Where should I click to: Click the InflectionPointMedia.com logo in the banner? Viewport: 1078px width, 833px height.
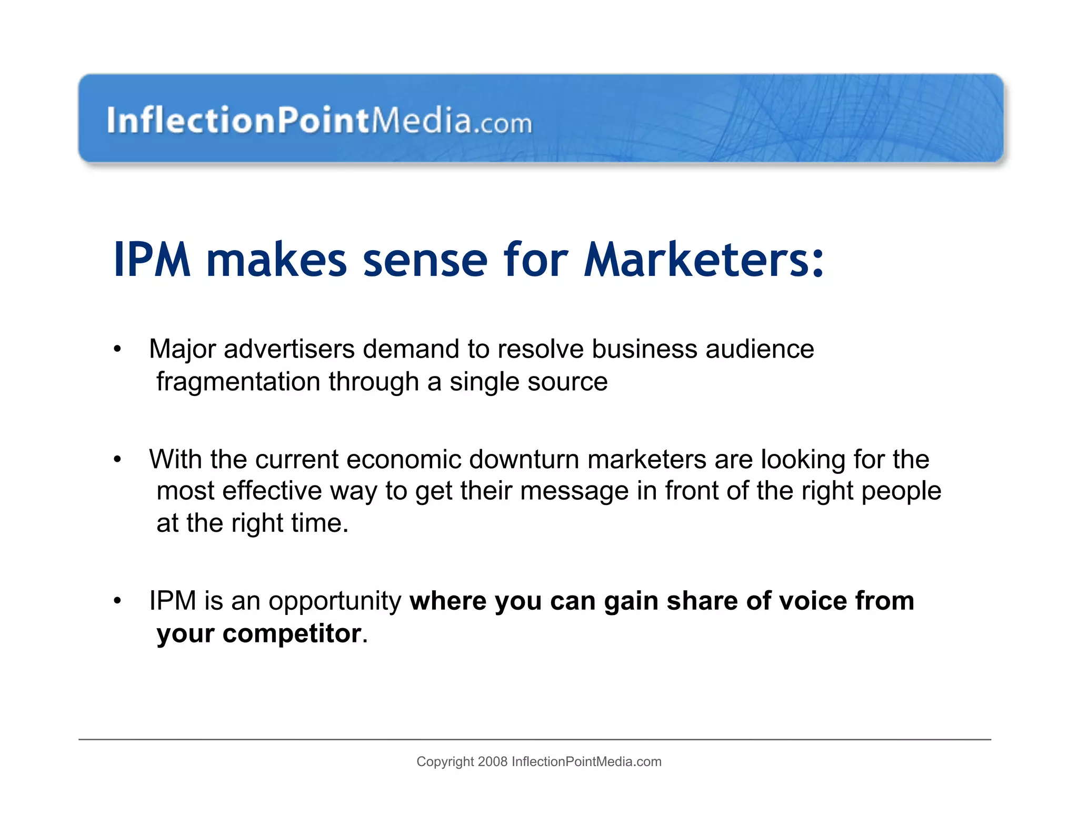pos(319,120)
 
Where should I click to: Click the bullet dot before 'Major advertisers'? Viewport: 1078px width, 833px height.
pos(117,350)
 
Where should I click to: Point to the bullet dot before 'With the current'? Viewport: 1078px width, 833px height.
pos(117,460)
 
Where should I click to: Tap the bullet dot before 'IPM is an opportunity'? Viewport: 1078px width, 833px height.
pos(117,601)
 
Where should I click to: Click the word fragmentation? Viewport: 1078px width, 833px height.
pos(238,382)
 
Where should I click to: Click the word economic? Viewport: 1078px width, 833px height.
pos(404,459)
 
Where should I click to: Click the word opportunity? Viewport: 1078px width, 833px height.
pos(335,601)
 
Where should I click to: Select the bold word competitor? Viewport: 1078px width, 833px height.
pos(292,633)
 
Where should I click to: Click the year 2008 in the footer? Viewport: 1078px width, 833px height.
pos(493,762)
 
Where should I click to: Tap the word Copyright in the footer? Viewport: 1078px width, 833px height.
pos(445,762)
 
